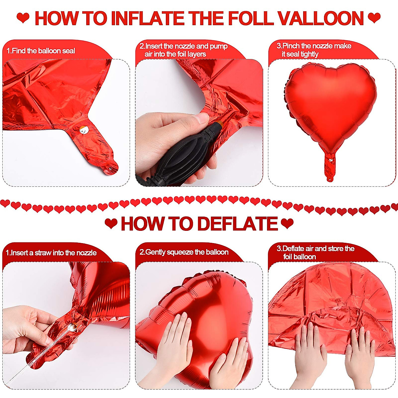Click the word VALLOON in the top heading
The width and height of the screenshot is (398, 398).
click(x=321, y=18)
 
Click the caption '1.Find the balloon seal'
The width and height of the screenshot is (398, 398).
click(x=41, y=51)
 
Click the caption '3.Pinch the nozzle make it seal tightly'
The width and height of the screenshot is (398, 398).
click(x=313, y=50)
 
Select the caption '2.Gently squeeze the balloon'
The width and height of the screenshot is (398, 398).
click(x=184, y=252)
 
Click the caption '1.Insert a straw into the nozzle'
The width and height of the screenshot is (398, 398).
click(x=51, y=253)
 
